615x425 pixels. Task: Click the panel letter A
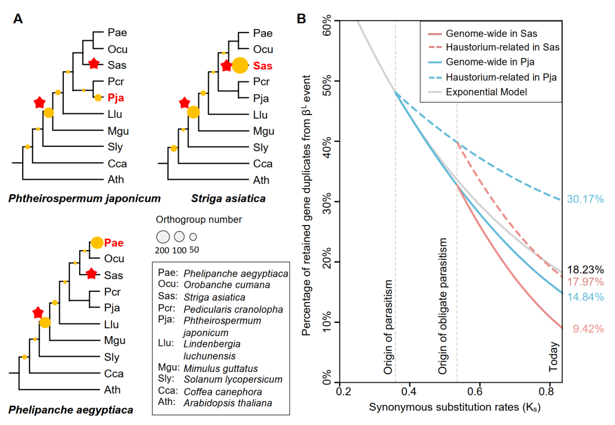point(18,19)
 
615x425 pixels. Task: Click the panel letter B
point(302,19)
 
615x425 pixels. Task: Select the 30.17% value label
point(585,199)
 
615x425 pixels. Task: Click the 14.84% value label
point(585,297)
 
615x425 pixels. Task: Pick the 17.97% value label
point(585,282)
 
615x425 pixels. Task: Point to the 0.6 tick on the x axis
point(479,393)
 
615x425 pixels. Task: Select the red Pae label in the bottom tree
point(113,243)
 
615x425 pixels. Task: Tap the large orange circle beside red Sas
point(240,66)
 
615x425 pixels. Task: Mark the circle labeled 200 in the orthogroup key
point(163,236)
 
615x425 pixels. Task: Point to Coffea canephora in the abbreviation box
point(223,392)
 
